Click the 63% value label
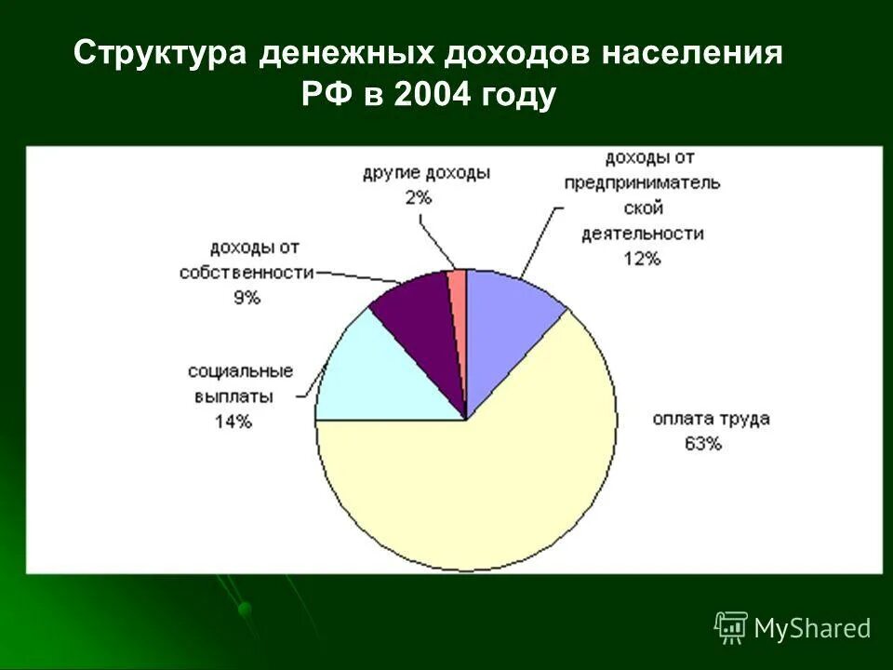click(x=702, y=444)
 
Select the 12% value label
click(x=642, y=260)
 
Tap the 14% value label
click(x=233, y=421)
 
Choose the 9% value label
click(x=247, y=298)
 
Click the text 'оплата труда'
click(x=711, y=419)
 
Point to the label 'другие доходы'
click(x=426, y=173)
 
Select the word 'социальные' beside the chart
click(x=240, y=371)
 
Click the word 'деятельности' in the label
click(x=642, y=234)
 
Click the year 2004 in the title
click(x=433, y=95)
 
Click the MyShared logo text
click(x=812, y=628)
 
